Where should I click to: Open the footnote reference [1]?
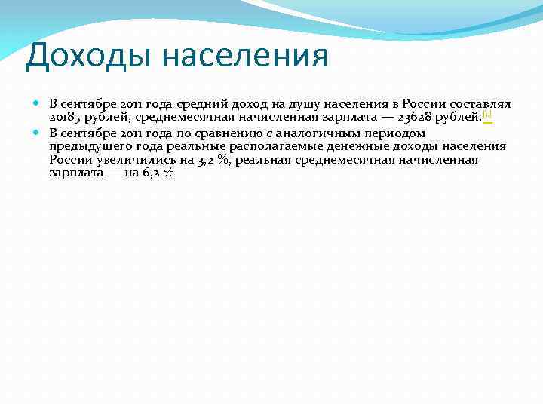tap(487, 115)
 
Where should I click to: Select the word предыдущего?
tap(90, 146)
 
